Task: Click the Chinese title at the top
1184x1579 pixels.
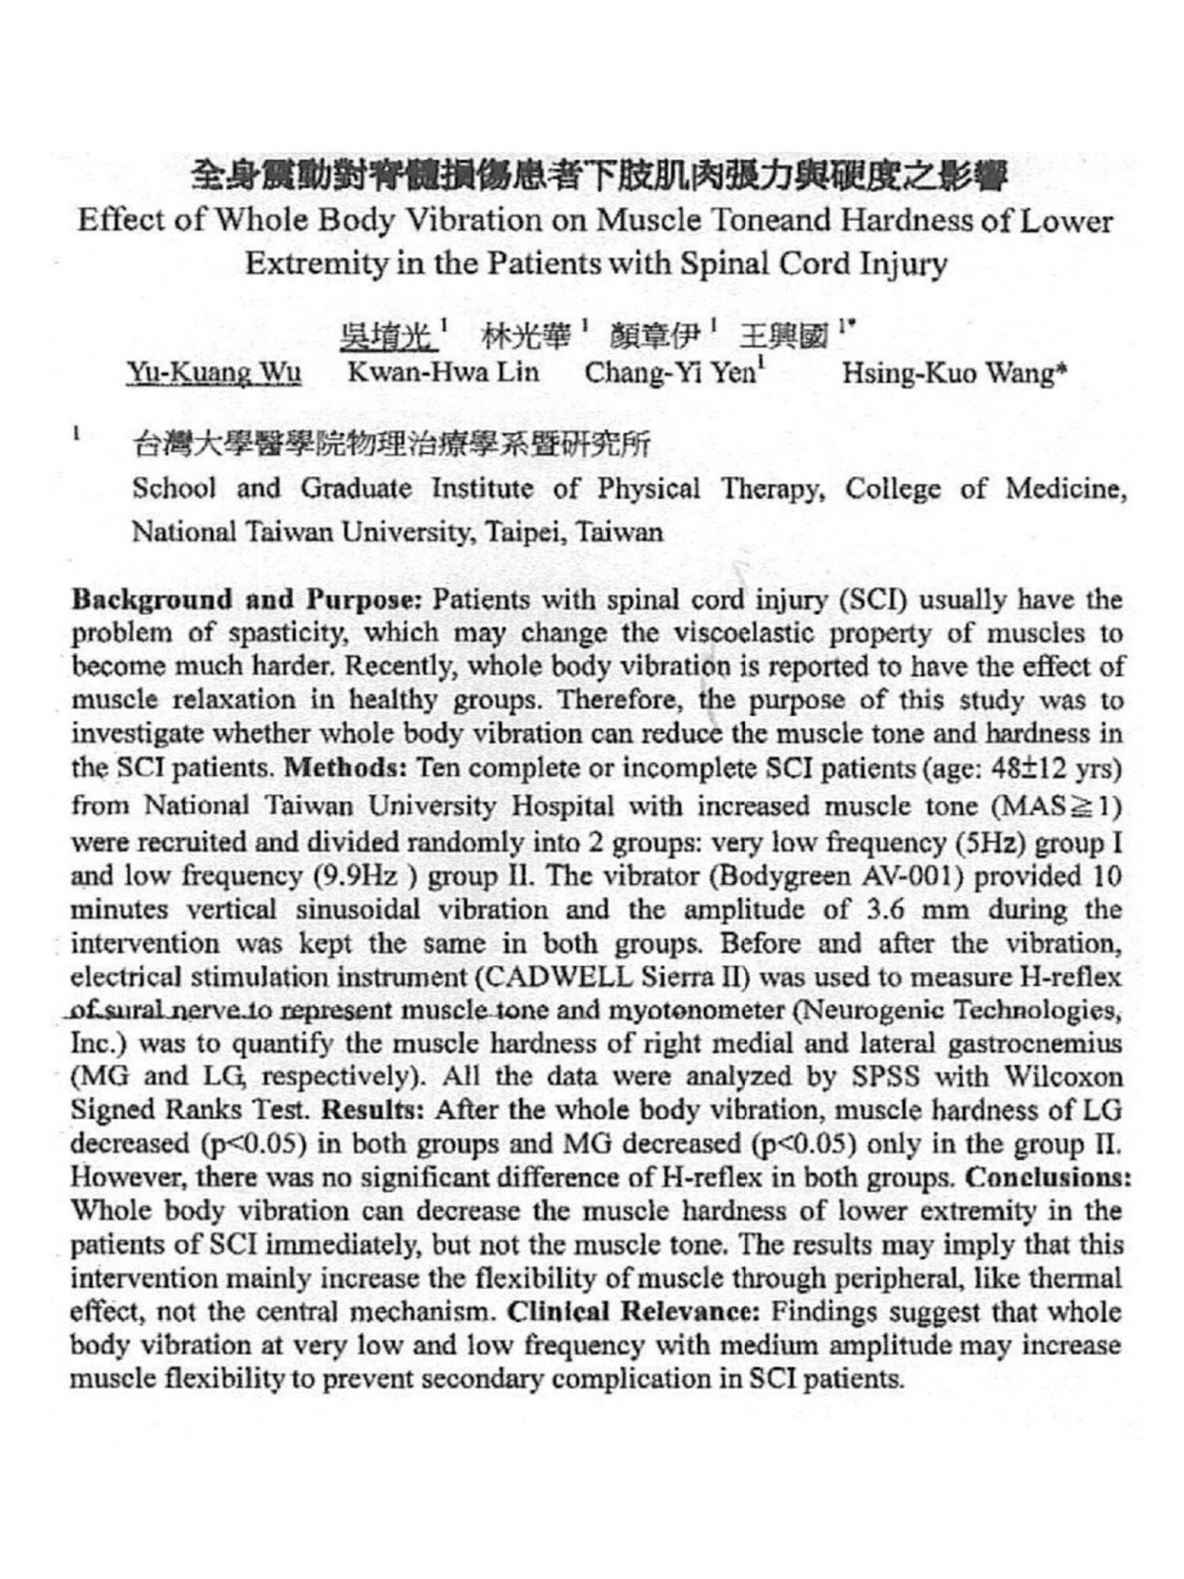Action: point(598,175)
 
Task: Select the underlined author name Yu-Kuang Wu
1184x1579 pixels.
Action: point(215,372)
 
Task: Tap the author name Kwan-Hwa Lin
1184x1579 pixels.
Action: point(443,372)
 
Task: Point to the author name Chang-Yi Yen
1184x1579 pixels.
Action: point(670,372)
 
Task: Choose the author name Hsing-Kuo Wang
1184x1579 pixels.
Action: point(951,373)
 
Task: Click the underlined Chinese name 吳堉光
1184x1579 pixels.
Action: point(386,336)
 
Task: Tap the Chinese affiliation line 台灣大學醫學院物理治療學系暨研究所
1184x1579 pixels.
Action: point(391,444)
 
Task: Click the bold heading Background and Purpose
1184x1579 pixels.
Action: point(247,600)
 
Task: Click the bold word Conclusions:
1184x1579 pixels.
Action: point(1049,1177)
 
